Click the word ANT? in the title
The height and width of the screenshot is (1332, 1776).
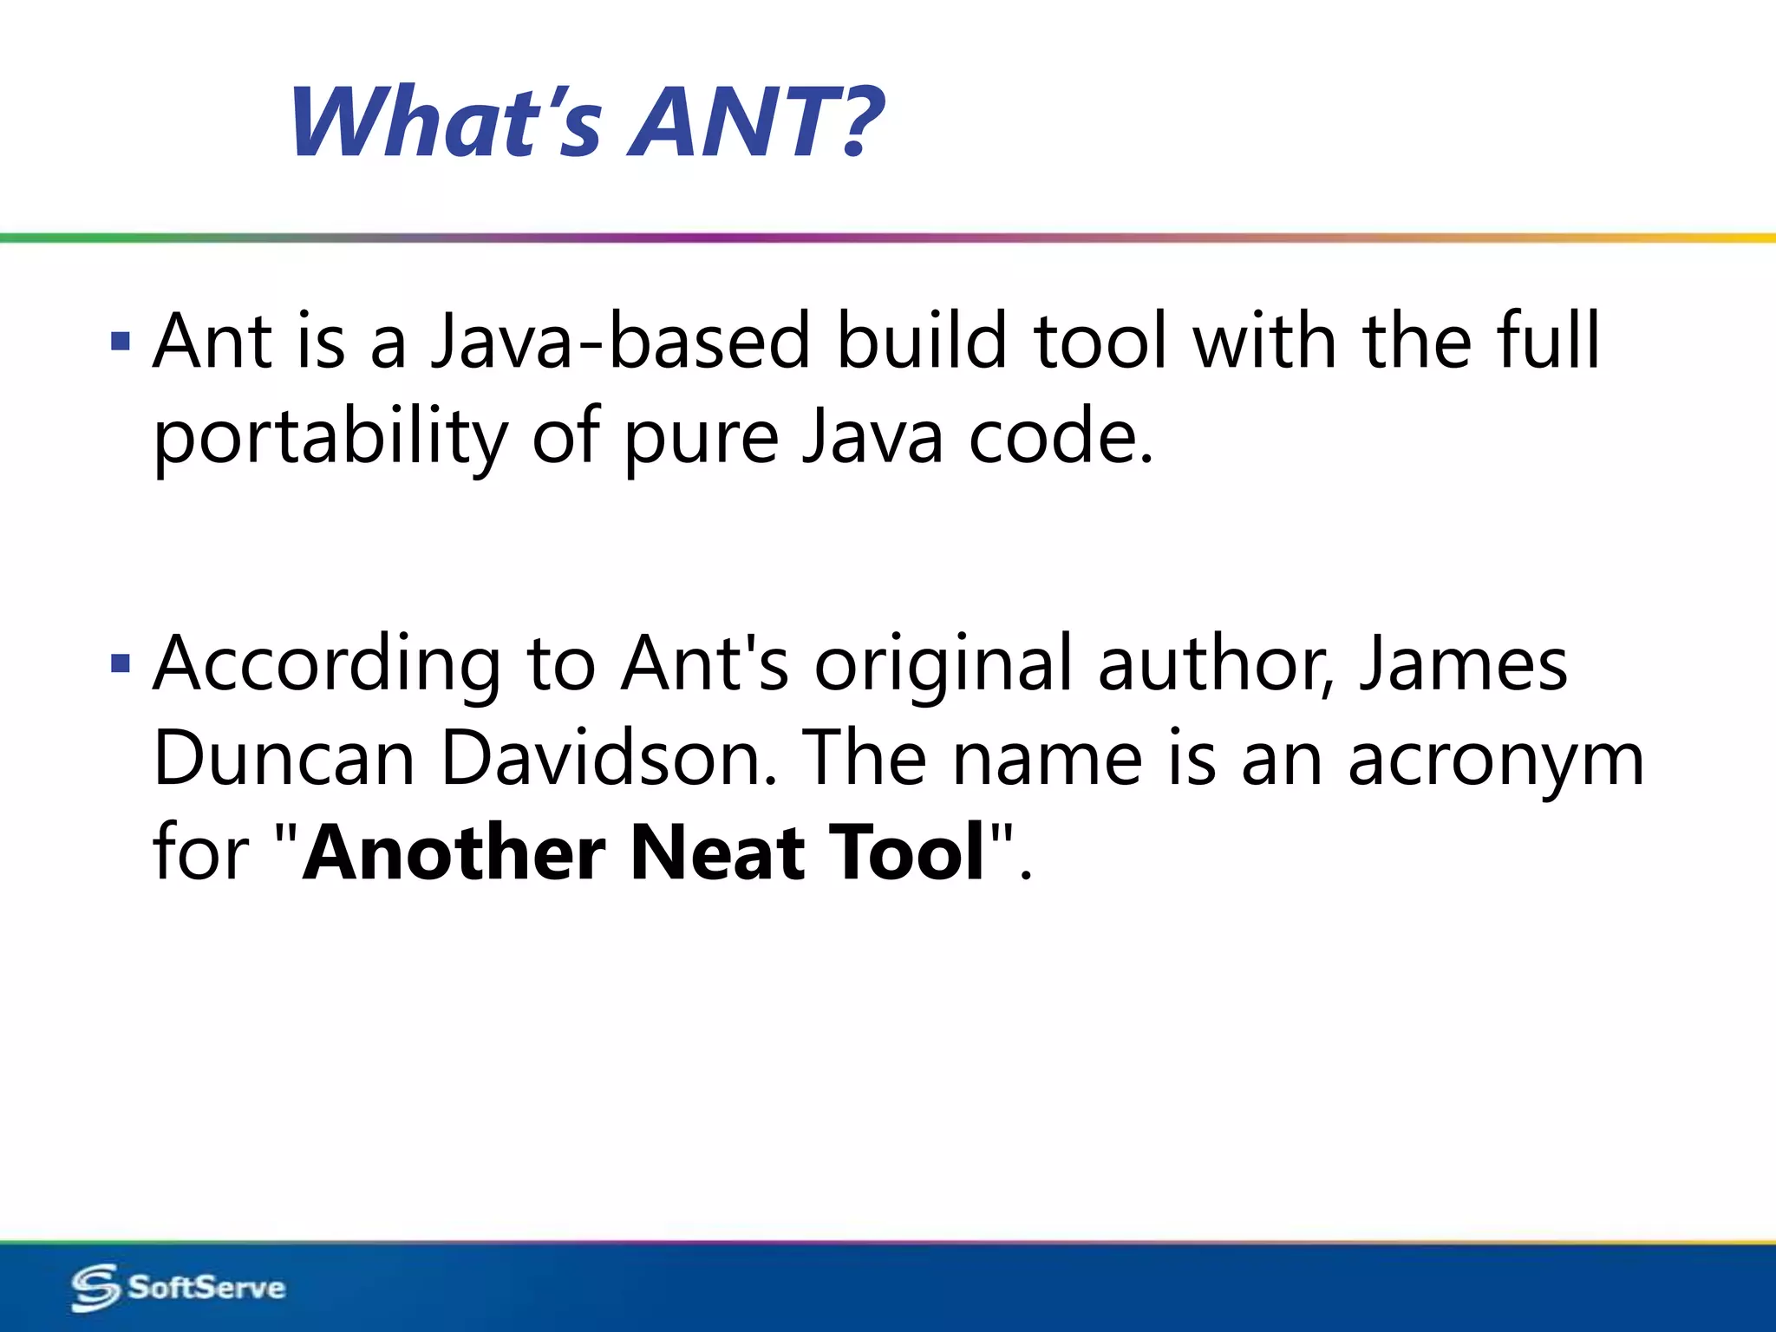point(754,123)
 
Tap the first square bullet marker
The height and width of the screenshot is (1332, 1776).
point(121,340)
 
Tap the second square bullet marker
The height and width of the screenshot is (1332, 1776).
point(121,664)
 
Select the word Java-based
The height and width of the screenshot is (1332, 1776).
point(621,342)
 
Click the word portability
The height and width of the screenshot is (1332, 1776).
point(330,438)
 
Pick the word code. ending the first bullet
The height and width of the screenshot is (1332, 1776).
point(1061,438)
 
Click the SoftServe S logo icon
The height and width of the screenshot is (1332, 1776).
point(95,1287)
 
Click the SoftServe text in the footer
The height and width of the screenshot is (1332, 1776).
point(206,1287)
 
